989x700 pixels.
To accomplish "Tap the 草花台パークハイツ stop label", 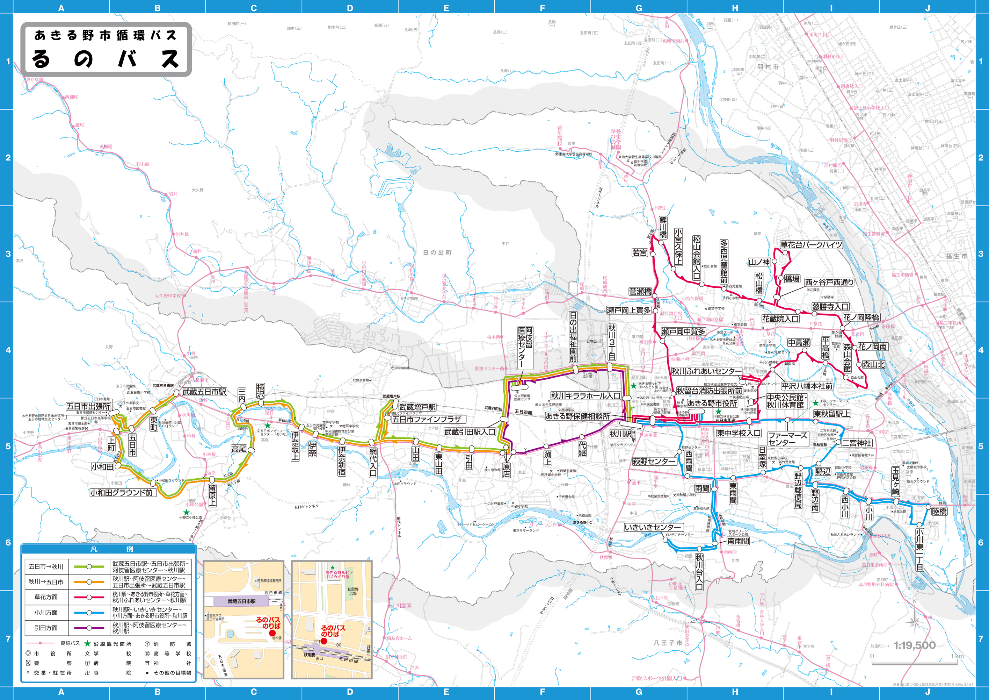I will pos(811,245).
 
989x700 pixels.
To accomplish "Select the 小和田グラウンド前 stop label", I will pos(122,493).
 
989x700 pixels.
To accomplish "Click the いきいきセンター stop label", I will pos(653,527).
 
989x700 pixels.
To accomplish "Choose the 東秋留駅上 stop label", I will pos(832,414).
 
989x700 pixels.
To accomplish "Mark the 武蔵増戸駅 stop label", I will pos(417,407).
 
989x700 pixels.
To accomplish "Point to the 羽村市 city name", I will pos(768,67).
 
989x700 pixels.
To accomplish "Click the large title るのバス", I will pos(106,58).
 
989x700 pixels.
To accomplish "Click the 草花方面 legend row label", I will pos(46,597).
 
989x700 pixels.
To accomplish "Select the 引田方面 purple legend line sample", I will pos(89,628).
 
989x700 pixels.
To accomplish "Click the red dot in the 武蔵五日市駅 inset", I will pos(272,633).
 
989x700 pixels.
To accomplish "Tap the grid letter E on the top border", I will pos(446,8).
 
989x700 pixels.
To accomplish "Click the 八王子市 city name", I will pos(668,643).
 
